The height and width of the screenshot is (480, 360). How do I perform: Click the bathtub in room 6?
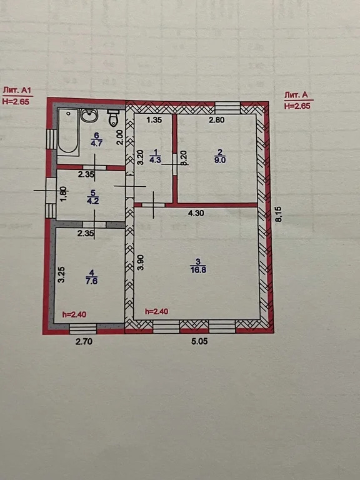tap(68, 131)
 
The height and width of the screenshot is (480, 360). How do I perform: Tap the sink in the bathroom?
tap(89, 115)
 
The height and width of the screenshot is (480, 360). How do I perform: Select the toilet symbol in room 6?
tap(113, 118)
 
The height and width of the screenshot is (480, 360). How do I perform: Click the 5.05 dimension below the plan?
tap(199, 341)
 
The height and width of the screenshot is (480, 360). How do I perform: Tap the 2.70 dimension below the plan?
tap(84, 341)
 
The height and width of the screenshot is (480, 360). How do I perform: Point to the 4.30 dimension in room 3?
tap(196, 213)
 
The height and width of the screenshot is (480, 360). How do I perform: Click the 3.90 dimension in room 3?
tap(141, 262)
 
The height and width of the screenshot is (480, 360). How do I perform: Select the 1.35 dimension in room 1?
tap(154, 120)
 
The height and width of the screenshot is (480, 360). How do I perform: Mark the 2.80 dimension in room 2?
tap(216, 120)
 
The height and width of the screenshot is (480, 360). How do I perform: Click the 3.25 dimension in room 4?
tap(61, 274)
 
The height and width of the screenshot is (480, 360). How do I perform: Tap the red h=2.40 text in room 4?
tap(74, 314)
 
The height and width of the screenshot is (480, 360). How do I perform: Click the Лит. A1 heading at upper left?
tap(17, 90)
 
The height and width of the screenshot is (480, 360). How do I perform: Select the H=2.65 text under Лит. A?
tap(297, 106)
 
